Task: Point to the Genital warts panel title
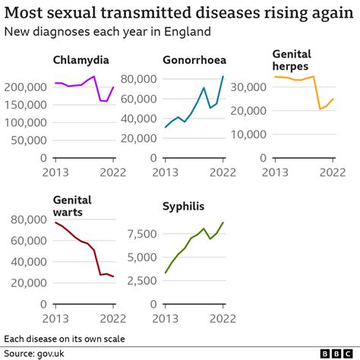72,205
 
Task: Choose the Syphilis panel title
184,206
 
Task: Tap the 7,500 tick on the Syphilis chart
137,233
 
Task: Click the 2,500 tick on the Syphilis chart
137,282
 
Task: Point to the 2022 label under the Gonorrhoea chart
223,172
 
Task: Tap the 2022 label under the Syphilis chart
223,318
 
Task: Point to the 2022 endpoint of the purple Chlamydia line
114,87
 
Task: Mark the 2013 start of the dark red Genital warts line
55,222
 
